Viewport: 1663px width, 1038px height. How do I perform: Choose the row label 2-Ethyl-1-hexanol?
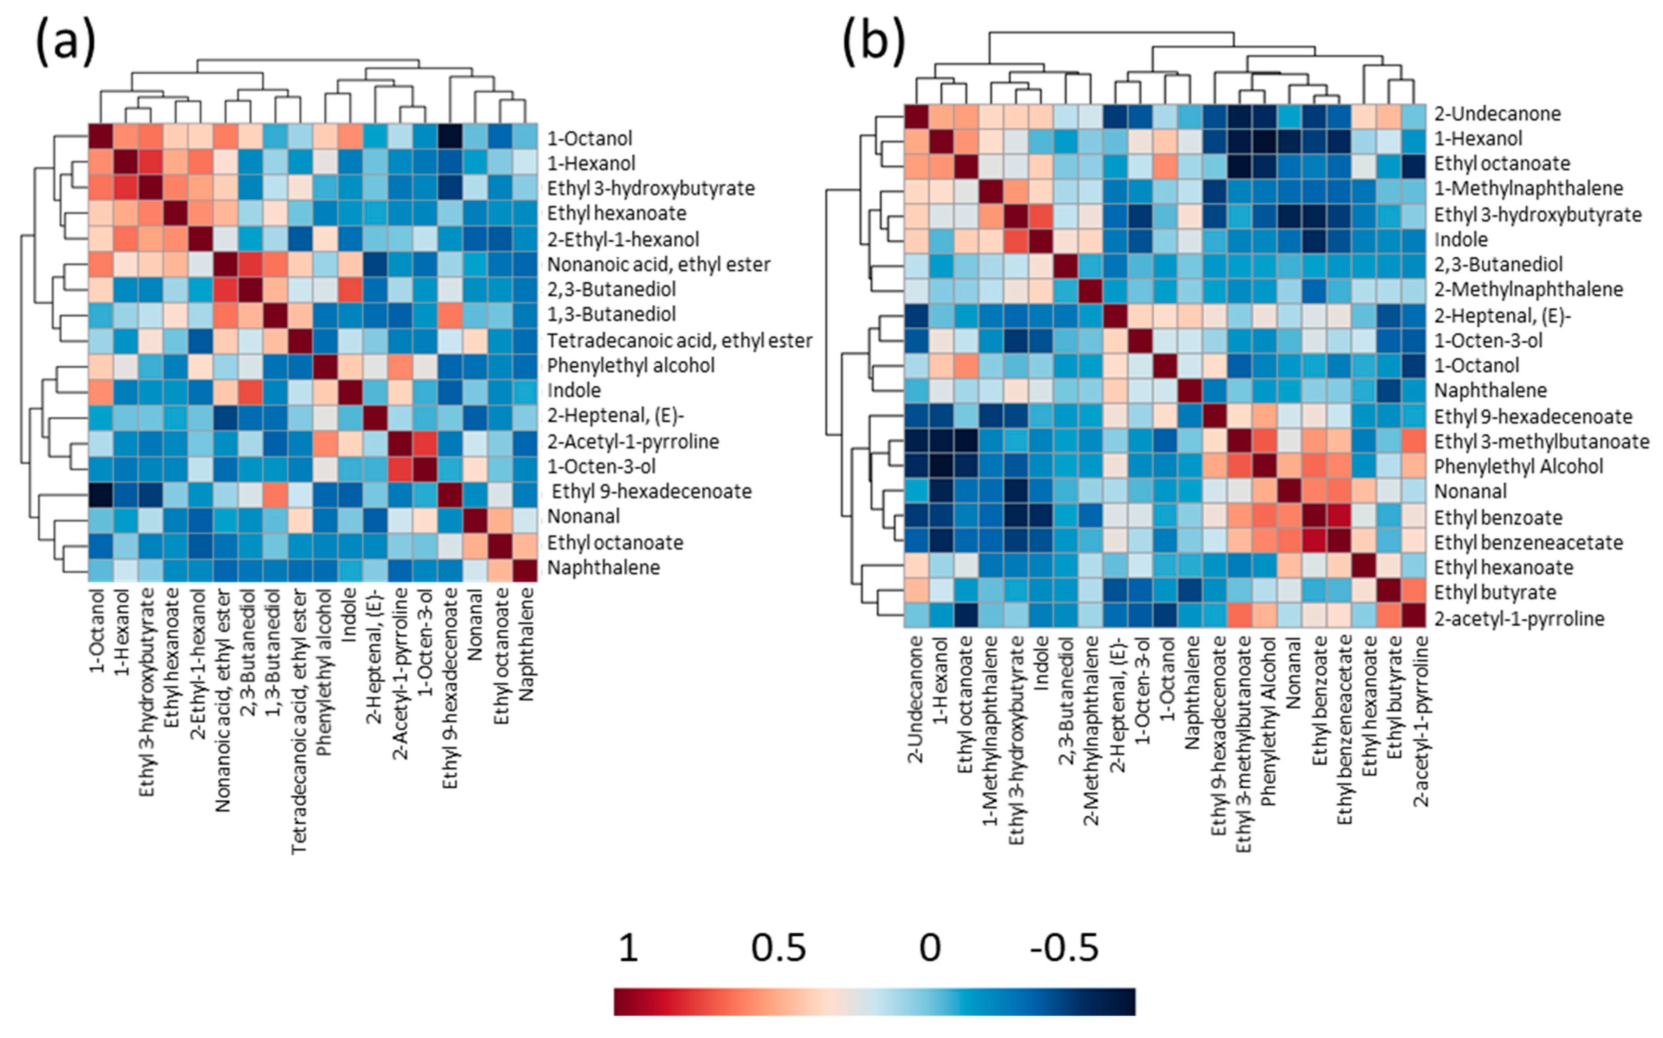tap(623, 239)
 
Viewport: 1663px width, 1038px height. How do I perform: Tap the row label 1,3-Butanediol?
tap(611, 314)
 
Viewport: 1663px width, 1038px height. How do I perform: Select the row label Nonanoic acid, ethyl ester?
tap(658, 264)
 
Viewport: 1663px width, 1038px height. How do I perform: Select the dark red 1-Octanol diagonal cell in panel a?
tap(101, 137)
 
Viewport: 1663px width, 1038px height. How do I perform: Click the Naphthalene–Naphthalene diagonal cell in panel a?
tap(525, 569)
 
